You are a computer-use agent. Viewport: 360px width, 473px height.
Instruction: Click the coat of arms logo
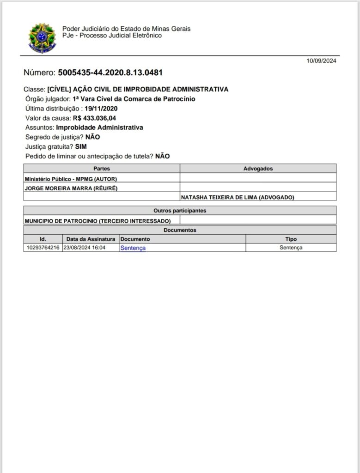point(42,38)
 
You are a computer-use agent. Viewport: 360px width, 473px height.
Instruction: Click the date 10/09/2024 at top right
point(321,61)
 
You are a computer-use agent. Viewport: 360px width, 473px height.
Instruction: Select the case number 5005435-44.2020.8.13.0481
point(110,73)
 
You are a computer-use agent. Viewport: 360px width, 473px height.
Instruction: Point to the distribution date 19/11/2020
point(101,109)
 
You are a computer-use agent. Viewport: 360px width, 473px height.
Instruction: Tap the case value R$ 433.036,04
point(94,118)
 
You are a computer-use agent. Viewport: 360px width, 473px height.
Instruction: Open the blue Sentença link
point(133,248)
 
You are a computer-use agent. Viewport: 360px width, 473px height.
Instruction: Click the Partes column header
point(102,169)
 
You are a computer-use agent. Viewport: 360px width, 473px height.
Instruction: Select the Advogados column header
point(258,169)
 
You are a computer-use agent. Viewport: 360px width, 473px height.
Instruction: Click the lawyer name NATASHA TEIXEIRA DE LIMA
point(238,197)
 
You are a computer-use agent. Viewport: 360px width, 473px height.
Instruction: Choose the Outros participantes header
point(180,211)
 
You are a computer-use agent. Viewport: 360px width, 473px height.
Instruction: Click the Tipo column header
point(291,239)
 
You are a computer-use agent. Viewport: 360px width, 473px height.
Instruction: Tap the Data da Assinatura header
point(91,239)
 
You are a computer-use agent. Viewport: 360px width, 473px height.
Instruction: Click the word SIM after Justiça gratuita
point(81,146)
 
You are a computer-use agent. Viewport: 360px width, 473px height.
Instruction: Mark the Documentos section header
point(180,230)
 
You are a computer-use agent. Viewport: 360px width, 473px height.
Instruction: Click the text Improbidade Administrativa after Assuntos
point(99,127)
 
